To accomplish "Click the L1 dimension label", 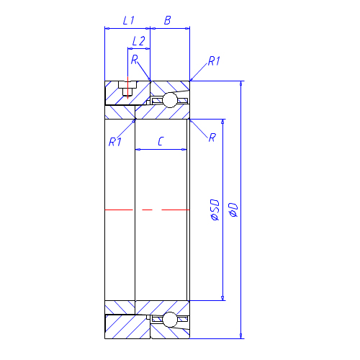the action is pos(129,20).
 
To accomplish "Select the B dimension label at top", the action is pos(168,20).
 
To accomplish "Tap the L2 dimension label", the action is pos(139,41).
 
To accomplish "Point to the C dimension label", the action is pos(161,141).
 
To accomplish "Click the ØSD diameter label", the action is pos(215,210).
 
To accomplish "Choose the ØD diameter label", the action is pos(233,210).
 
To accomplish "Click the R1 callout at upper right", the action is pos(214,61).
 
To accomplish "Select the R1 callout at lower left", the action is pos(115,142).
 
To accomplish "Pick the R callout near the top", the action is pos(135,59).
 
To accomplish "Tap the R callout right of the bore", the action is pos(212,138).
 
